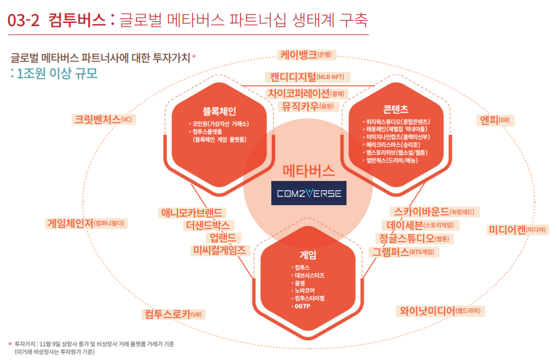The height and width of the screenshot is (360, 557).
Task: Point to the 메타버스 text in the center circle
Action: [x=308, y=172]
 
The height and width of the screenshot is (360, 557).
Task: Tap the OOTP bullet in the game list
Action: [x=301, y=306]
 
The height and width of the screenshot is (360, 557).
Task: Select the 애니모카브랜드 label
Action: [x=193, y=212]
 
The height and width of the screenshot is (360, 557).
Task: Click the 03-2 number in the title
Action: [x=24, y=20]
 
